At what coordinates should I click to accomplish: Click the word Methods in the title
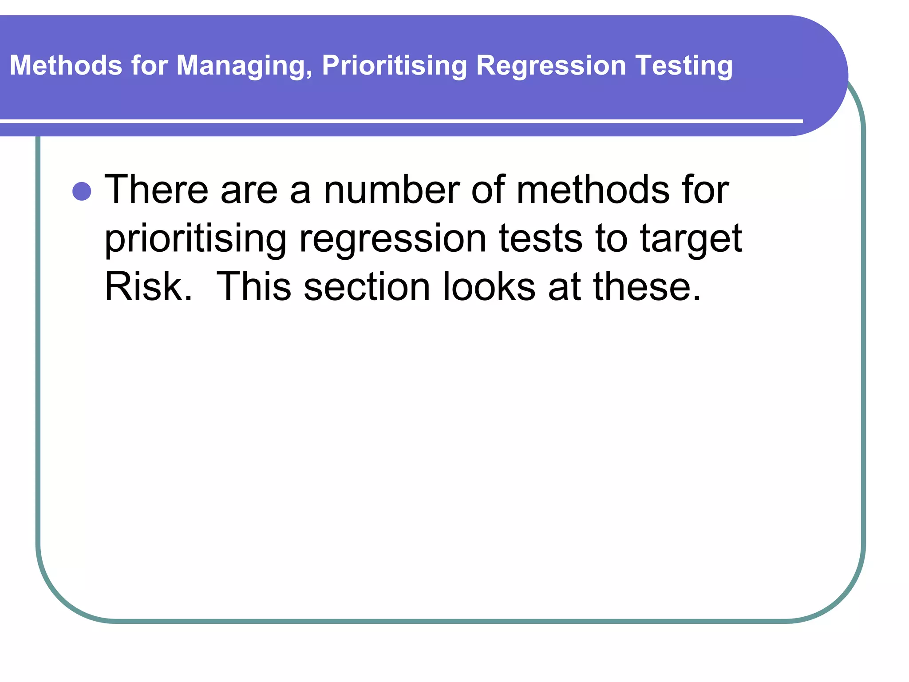[x=66, y=65]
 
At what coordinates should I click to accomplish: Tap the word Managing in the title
[x=244, y=66]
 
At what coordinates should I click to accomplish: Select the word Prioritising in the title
[x=394, y=66]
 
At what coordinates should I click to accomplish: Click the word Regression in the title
[x=551, y=66]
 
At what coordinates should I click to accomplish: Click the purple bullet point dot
[x=82, y=191]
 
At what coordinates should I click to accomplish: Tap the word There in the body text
[x=156, y=190]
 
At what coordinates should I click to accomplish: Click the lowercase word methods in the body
[x=593, y=190]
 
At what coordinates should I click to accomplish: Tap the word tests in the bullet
[x=540, y=238]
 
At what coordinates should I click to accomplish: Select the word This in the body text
[x=253, y=286]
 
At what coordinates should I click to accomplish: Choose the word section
[x=367, y=286]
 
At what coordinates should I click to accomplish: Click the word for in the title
[x=149, y=65]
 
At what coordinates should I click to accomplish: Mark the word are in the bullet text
[x=249, y=190]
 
